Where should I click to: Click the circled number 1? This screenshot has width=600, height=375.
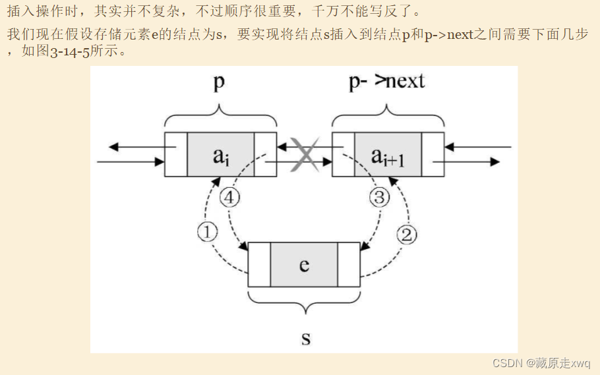pos(208,232)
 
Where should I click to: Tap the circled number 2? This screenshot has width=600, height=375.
pos(407,235)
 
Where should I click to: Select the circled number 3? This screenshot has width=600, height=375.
pos(379,198)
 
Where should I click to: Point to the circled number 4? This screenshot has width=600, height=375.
pos(229,198)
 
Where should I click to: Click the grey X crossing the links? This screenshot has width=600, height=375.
pos(305,155)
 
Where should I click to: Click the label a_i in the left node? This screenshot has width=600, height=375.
pos(221,156)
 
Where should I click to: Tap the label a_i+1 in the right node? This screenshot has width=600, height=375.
pos(388,157)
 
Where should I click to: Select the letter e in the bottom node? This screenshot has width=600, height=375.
pos(304,265)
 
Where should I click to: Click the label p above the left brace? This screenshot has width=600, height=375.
pos(219,82)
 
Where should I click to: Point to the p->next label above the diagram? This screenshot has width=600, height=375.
pos(387,82)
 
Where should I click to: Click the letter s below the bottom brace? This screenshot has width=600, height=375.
pos(306,338)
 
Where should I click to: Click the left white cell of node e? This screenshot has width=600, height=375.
pos(259,264)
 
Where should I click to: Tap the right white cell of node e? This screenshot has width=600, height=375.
pos(349,264)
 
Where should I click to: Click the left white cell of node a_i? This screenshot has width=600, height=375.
pos(176,155)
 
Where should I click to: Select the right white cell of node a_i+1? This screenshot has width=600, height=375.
pos(433,155)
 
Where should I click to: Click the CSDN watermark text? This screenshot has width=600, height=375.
pos(541,362)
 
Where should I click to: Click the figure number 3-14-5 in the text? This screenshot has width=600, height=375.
pos(70,51)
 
